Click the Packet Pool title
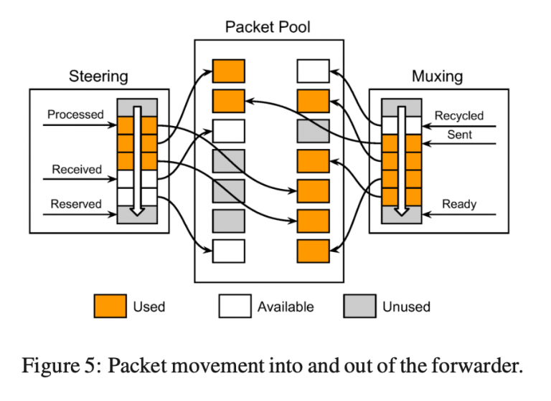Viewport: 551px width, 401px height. coord(268,27)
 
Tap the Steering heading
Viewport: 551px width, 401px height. coord(98,77)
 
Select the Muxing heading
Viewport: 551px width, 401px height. coord(437,77)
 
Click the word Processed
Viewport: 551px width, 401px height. coord(75,115)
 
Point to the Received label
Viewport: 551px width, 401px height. coord(77,170)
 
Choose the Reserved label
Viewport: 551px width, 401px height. coord(76,204)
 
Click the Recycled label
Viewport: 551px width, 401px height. coord(459,116)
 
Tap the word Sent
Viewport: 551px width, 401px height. coord(459,135)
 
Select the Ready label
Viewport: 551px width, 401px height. coord(459,204)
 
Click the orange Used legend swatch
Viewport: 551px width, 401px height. coord(110,306)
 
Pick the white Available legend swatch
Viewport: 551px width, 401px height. coord(235,306)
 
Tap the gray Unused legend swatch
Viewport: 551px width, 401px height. coord(359,306)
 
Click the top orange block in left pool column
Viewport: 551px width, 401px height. coord(228,71)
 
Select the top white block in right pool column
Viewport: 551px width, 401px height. coord(313,71)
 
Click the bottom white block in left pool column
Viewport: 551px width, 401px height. coord(228,251)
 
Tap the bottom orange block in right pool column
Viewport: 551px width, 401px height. coord(313,251)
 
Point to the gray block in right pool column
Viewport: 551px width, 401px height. coord(313,131)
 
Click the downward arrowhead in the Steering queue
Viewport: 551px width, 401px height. coord(137,211)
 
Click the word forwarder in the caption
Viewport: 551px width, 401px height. coord(476,366)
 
